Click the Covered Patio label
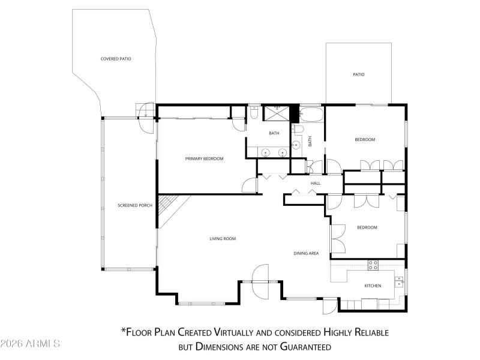point(116,59)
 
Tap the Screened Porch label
point(135,206)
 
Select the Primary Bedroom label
point(204,158)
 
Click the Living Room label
point(223,239)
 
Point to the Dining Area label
point(306,253)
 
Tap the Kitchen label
point(373,286)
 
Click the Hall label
point(316,183)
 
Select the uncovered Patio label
point(359,74)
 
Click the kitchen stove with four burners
point(373,265)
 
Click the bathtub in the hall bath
point(311,113)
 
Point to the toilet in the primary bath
point(254,112)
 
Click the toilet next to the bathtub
point(299,129)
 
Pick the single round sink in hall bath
point(296,145)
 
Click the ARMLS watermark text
point(30,344)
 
